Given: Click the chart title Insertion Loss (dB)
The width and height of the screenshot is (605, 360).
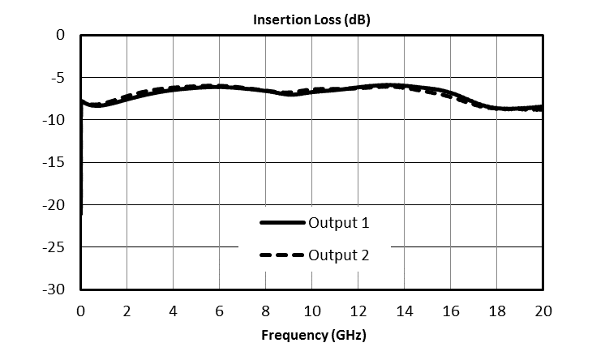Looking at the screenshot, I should coord(311,20).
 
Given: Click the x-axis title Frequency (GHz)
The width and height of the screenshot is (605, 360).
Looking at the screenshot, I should coord(311,335).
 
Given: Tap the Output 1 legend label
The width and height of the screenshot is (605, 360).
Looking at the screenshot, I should coord(339,222).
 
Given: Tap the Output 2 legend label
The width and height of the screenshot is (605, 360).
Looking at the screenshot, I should coord(339,255).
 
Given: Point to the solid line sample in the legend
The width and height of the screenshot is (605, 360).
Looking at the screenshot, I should coord(281,222).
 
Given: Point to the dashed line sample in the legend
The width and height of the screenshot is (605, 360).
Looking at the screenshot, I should coord(281,255).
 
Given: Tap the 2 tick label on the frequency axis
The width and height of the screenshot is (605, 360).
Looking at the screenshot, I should coord(127,311).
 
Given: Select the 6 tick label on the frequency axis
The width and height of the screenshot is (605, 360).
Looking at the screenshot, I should coord(219,311).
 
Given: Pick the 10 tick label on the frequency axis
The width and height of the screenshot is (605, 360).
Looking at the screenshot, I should coord(311,311).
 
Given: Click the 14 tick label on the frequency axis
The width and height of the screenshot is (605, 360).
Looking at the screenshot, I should coord(404,311).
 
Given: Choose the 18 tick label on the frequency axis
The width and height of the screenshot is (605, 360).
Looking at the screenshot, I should coord(496,311).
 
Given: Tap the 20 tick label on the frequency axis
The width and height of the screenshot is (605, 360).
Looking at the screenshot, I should coord(543,311).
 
